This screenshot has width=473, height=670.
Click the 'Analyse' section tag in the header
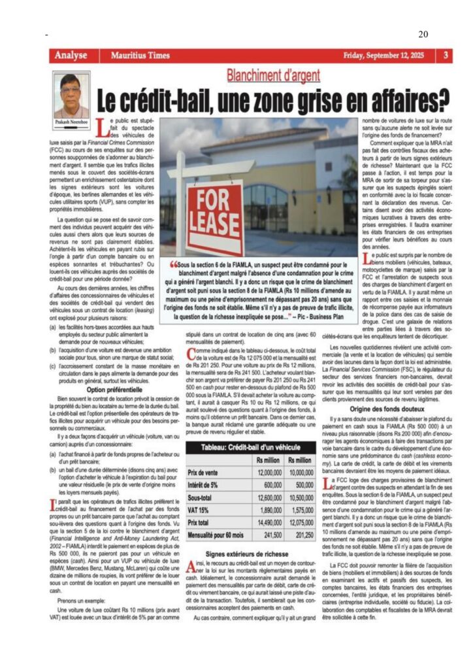[x=71, y=56]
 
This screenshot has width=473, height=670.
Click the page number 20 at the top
[x=423, y=34]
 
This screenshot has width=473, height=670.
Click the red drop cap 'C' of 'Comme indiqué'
[x=190, y=354]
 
